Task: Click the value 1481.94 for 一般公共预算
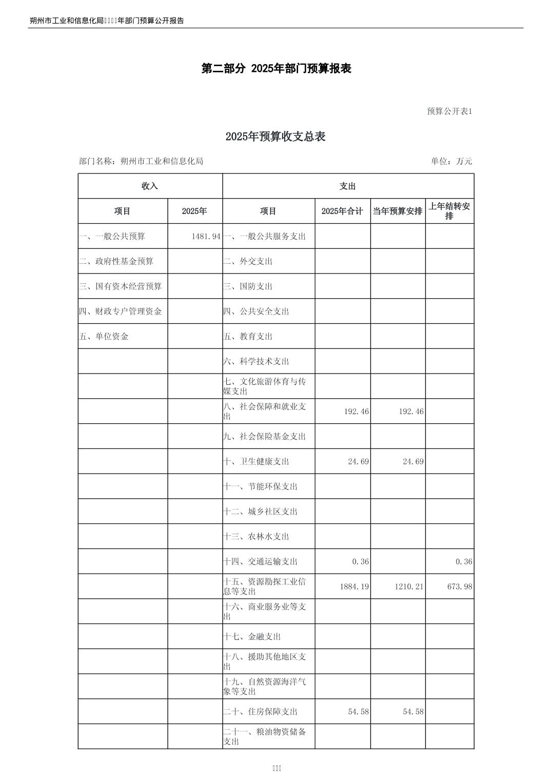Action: pyautogui.click(x=206, y=237)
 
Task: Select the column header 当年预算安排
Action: pyautogui.click(x=398, y=211)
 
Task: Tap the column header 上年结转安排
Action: pyautogui.click(x=449, y=211)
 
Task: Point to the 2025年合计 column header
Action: pyautogui.click(x=342, y=211)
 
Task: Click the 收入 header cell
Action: pyautogui.click(x=150, y=186)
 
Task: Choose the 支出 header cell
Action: pyautogui.click(x=348, y=186)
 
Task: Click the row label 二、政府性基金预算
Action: pyautogui.click(x=116, y=262)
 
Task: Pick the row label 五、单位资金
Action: pyautogui.click(x=104, y=337)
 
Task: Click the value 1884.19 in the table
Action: pyautogui.click(x=354, y=587)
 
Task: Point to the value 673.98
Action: pyautogui.click(x=460, y=587)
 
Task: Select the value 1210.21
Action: pyautogui.click(x=409, y=587)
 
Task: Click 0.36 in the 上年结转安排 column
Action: pyautogui.click(x=464, y=562)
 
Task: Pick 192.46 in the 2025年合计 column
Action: pyautogui.click(x=356, y=412)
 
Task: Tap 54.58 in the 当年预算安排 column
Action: pyautogui.click(x=411, y=712)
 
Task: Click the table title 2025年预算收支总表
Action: pyautogui.click(x=275, y=137)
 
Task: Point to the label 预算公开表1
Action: pyautogui.click(x=449, y=111)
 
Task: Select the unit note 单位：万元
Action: pyautogui.click(x=451, y=161)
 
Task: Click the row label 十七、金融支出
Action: pyautogui.click(x=252, y=637)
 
